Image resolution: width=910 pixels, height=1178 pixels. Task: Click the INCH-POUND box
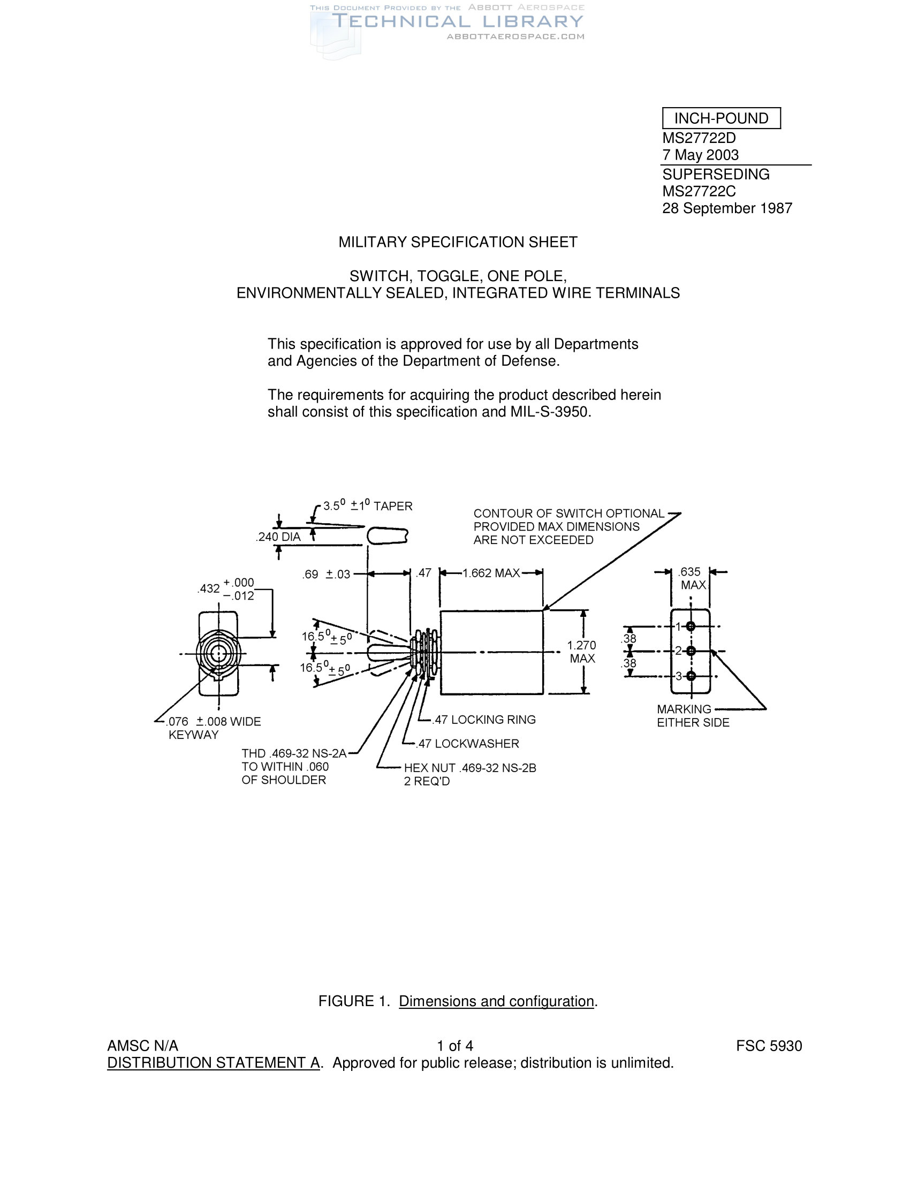[721, 118]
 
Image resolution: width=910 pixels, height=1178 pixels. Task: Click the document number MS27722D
[699, 138]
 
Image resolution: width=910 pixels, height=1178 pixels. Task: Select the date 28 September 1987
[727, 208]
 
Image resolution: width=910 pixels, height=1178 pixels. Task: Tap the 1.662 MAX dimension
[490, 573]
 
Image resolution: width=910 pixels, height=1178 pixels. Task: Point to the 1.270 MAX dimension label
[582, 652]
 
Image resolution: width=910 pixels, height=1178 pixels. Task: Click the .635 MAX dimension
[692, 578]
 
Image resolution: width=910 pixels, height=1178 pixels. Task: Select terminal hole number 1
[691, 626]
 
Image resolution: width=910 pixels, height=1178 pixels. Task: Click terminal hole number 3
[691, 676]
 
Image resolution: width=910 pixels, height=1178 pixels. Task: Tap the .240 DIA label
[278, 537]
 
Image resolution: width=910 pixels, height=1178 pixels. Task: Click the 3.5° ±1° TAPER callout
[368, 506]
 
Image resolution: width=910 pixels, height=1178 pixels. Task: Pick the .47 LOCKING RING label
[484, 720]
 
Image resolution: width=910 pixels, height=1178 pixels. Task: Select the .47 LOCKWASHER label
[467, 744]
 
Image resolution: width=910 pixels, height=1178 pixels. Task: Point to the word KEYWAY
[194, 735]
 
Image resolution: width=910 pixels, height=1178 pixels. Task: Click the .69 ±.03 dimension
[326, 575]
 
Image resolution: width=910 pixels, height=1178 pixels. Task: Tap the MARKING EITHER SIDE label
[692, 716]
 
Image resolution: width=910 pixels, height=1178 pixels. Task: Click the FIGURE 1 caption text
[458, 1001]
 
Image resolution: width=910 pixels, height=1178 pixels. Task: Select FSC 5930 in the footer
[769, 1046]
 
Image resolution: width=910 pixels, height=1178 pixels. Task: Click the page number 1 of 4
[455, 1046]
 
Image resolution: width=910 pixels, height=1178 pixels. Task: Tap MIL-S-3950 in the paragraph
[550, 412]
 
